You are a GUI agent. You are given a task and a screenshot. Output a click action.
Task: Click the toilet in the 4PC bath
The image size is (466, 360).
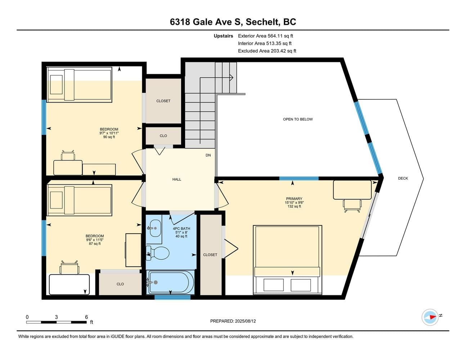click(158, 253)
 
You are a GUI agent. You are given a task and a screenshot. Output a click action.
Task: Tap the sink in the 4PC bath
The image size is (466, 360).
click(155, 229)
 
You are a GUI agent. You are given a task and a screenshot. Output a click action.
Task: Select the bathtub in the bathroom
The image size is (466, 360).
click(170, 283)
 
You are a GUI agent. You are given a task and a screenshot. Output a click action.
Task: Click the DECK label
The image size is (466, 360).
click(403, 178)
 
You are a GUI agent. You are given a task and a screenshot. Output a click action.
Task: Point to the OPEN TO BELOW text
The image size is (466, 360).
click(298, 119)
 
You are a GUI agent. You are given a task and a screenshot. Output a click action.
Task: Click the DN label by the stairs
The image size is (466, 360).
click(208, 155)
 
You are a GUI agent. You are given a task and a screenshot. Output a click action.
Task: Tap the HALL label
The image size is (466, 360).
click(177, 179)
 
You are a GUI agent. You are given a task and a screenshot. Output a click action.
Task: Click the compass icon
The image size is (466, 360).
click(430, 318)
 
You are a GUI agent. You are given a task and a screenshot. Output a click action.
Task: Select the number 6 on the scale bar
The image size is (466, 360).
click(86, 317)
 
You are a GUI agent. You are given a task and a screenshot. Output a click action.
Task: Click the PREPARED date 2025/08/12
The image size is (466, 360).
click(245, 321)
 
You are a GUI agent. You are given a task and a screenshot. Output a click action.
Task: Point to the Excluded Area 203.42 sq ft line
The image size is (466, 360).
click(267, 51)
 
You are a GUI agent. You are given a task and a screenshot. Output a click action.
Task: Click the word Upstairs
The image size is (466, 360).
click(223, 36)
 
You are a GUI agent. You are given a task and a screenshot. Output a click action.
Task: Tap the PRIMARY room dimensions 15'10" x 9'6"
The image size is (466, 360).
click(294, 202)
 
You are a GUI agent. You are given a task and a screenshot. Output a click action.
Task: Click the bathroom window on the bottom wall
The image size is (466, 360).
click(172, 297)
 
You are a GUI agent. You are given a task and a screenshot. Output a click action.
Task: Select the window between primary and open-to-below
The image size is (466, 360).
click(299, 178)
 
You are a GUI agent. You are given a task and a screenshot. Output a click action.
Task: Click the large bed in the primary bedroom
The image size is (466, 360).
click(287, 260)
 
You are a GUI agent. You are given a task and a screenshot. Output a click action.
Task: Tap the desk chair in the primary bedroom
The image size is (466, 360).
click(352, 206)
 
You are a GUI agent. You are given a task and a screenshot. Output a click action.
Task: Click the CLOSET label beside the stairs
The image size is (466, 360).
click(163, 101)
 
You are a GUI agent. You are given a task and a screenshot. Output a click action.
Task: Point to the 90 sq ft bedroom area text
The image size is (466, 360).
click(109, 137)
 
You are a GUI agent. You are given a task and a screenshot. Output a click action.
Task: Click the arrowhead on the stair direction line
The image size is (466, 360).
click(232, 77)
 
